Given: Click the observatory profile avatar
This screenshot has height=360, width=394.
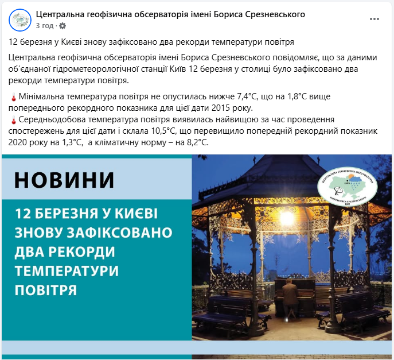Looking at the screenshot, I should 20,20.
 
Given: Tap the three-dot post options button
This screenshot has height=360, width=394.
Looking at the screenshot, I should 375,19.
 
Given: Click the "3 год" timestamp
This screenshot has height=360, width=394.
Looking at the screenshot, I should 45,26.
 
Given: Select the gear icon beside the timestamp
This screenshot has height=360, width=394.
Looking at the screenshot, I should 63,26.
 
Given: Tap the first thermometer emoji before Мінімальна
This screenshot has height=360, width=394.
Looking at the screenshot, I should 14,98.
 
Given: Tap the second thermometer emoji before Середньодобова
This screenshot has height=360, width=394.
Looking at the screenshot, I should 14,120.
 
